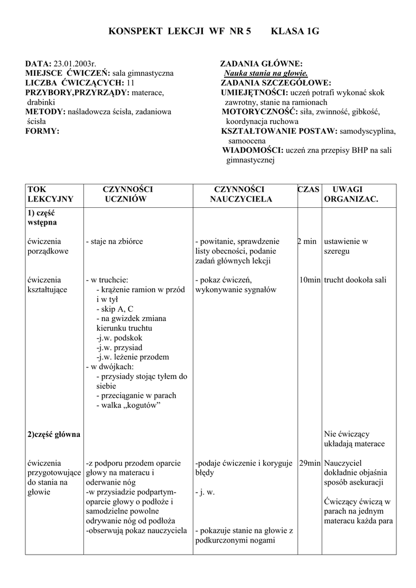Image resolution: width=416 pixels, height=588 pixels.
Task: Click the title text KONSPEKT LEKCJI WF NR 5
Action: click(x=180, y=32)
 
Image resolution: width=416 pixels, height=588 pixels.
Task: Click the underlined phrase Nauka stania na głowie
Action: click(x=266, y=73)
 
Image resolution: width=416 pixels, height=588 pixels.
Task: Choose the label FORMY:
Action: click(x=42, y=131)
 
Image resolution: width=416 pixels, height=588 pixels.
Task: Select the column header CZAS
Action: click(x=309, y=189)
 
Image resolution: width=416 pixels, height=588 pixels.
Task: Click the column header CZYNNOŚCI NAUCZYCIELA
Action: click(x=239, y=194)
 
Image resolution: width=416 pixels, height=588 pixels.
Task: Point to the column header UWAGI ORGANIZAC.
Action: click(x=350, y=194)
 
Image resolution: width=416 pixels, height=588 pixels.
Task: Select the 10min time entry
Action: click(x=310, y=280)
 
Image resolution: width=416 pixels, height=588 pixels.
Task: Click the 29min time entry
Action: click(x=310, y=463)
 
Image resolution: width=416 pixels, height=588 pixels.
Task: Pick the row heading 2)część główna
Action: click(x=54, y=434)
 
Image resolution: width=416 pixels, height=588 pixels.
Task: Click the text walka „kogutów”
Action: click(x=128, y=405)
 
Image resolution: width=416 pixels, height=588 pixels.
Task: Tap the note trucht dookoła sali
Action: click(x=355, y=280)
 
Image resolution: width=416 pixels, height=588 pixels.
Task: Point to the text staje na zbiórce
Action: click(x=114, y=242)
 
